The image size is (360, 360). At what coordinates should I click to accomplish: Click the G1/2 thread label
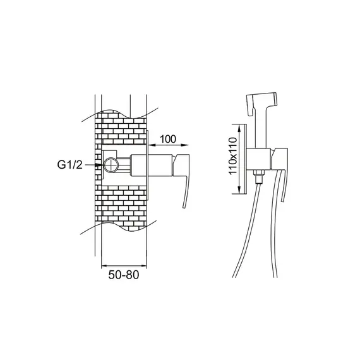coord(69,165)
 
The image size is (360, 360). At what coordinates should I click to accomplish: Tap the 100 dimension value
coord(168,139)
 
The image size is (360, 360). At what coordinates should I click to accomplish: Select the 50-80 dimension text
coord(124,275)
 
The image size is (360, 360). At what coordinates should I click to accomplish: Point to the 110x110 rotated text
coord(233,156)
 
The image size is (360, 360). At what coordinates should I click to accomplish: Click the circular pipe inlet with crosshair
coord(111,165)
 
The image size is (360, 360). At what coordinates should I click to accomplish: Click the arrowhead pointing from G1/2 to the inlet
coord(99,165)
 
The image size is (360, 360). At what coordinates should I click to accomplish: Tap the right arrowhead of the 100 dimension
coord(184,145)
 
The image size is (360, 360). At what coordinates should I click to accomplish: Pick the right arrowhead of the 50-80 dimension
coord(143,266)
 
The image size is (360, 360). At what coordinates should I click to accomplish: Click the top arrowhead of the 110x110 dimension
coord(239,128)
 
